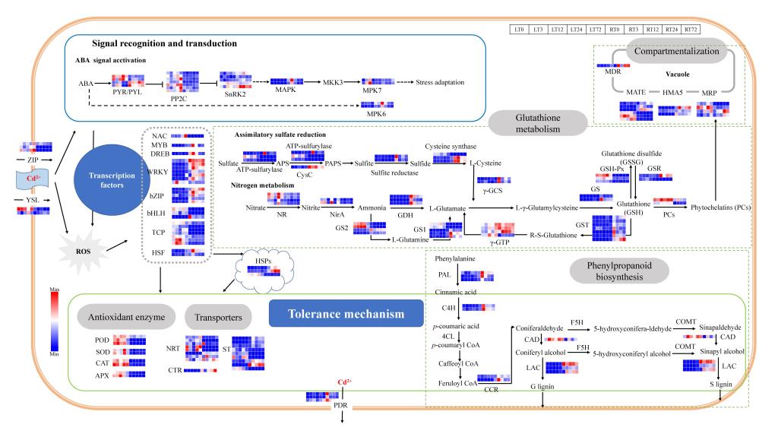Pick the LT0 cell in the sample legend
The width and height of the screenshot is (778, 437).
tap(520, 29)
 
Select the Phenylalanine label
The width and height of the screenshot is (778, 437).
tap(455, 258)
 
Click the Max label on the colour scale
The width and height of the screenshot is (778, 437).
tap(53, 288)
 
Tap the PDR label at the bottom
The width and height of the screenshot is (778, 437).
tap(343, 407)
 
